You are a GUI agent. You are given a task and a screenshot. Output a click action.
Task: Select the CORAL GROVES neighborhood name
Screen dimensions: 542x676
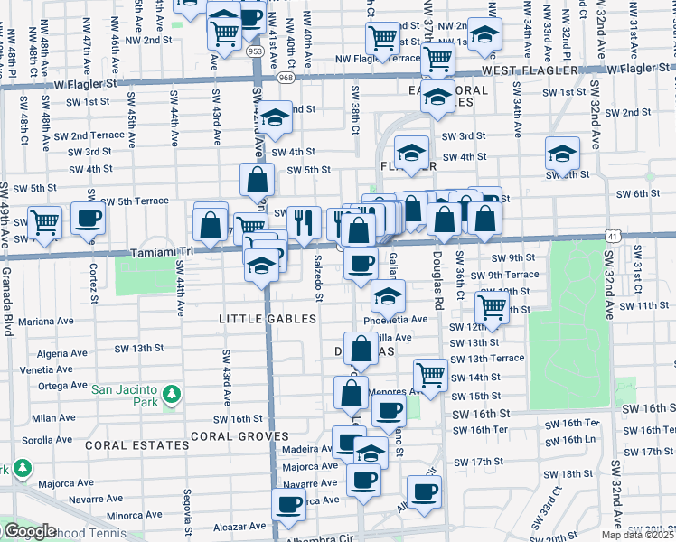[239, 435]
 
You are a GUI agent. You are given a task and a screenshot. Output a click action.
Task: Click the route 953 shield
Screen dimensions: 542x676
[256, 53]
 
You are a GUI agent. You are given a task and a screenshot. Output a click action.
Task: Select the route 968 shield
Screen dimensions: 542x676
[286, 78]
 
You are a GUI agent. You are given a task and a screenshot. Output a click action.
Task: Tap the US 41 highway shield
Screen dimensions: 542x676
[613, 237]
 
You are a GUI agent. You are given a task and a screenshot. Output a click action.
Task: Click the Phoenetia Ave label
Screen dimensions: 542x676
[395, 320]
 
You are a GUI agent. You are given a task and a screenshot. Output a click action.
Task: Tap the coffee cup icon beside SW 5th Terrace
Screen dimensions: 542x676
[88, 217]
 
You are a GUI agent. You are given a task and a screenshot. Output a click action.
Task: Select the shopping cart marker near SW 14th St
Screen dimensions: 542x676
[431, 372]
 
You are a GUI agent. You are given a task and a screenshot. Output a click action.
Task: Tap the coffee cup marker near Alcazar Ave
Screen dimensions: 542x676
[289, 503]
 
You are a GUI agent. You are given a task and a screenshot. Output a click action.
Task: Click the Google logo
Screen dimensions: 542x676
[30, 531]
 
